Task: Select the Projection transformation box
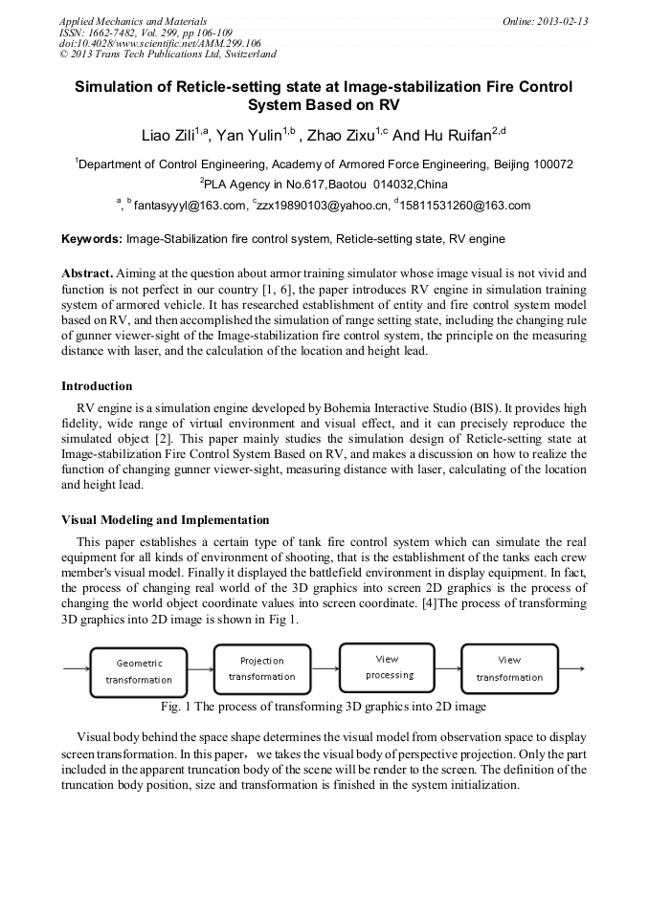pos(261,668)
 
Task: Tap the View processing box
pos(387,666)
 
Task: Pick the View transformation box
pos(509,668)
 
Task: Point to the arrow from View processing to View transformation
pos(448,667)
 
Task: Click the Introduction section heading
pos(97,386)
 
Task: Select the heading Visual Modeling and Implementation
pos(165,520)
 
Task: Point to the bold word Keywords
pos(91,238)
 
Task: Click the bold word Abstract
pos(89,273)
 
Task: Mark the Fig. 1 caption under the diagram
pos(324,707)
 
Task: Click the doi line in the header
pos(160,43)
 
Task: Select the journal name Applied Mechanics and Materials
pos(132,21)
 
